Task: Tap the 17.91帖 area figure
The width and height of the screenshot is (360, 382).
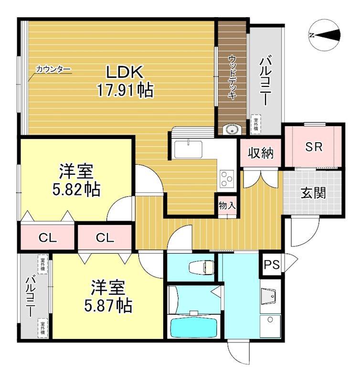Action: [x=126, y=90]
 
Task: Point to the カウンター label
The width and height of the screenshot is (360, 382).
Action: [x=53, y=70]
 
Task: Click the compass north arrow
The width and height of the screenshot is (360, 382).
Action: [x=325, y=34]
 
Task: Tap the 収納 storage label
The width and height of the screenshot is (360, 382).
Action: [x=261, y=154]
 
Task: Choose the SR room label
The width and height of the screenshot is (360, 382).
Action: [x=314, y=147]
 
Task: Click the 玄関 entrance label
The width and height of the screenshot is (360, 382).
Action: [x=313, y=193]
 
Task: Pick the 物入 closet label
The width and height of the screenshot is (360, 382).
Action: [x=227, y=206]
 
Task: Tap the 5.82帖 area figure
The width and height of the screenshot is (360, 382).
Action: [x=76, y=189]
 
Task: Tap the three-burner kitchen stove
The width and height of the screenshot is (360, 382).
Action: [x=225, y=180]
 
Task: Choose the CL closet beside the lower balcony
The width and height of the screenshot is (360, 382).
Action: [x=48, y=237]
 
